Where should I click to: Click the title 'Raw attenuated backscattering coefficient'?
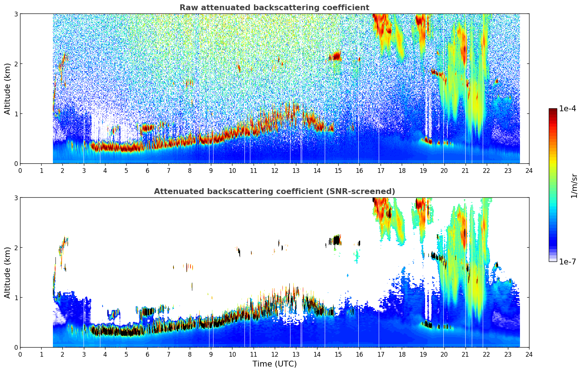click(274, 8)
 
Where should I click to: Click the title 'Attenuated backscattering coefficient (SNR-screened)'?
click(274, 191)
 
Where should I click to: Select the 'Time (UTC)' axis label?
click(274, 364)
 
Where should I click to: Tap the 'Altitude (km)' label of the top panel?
click(8, 89)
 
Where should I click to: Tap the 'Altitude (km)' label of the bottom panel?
click(8, 272)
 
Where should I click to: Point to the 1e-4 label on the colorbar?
click(567, 109)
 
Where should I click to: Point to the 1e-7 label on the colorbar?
click(567, 261)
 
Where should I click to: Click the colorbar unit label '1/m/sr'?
click(574, 186)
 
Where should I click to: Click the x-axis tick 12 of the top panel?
click(274, 171)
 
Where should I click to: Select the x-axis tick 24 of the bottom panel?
click(529, 354)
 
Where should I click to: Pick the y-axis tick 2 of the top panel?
click(16, 64)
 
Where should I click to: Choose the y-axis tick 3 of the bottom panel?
click(16, 198)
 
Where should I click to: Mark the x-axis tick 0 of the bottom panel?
click(20, 354)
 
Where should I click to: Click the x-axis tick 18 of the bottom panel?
click(402, 354)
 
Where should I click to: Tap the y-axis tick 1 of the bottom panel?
click(16, 298)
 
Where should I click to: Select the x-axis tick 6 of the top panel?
click(147, 171)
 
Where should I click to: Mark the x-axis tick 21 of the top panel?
click(465, 171)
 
